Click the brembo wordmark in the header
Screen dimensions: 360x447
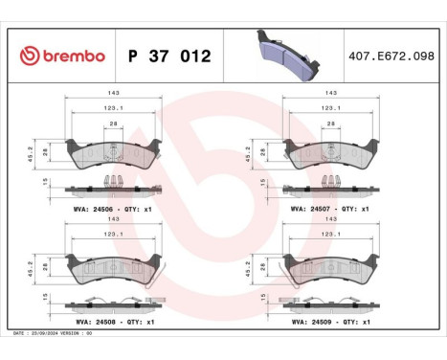click(68, 56)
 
